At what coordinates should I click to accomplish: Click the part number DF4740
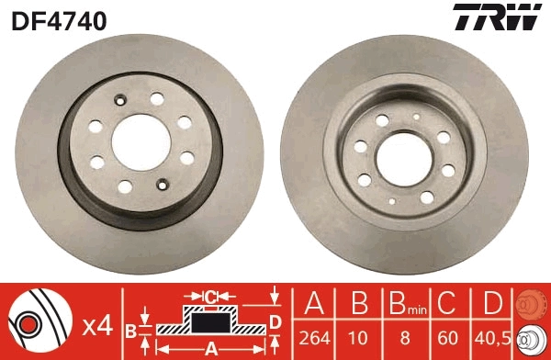[x=60, y=19]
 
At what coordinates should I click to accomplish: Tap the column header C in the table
[x=449, y=303]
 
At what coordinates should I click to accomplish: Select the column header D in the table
[x=493, y=303]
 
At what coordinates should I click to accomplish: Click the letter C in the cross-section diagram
[x=209, y=297]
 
